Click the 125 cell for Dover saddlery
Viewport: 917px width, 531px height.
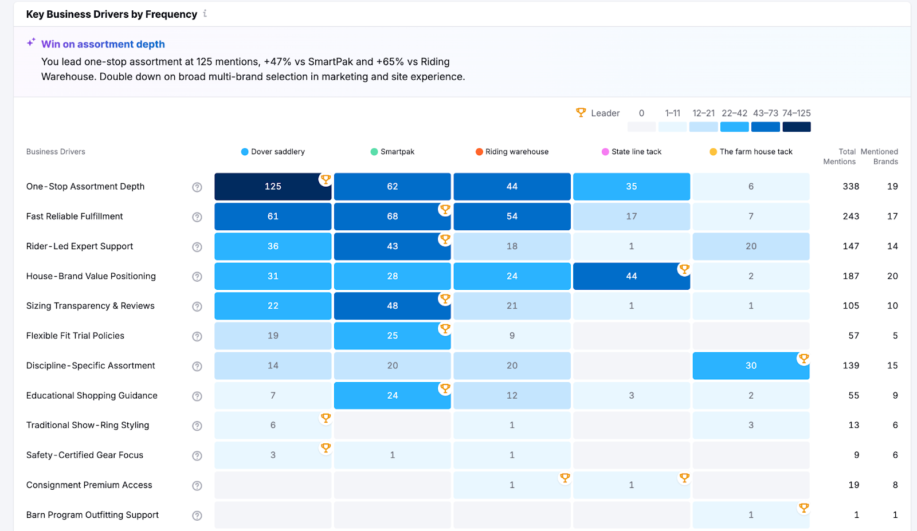click(273, 187)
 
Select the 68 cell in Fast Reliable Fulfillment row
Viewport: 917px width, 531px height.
click(392, 217)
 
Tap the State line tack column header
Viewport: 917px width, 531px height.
click(636, 152)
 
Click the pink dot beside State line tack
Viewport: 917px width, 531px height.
click(605, 152)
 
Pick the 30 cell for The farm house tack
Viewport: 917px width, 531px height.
click(751, 365)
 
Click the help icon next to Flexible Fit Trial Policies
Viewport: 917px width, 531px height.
click(197, 336)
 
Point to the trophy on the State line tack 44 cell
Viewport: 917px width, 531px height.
click(684, 269)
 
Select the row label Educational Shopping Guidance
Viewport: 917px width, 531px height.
click(92, 395)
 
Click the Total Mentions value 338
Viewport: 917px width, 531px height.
click(851, 187)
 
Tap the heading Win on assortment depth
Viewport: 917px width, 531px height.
click(103, 44)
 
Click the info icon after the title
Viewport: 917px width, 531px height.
click(205, 14)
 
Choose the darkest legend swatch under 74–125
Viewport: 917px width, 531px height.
click(796, 127)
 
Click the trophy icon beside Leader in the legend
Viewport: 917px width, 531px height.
click(581, 113)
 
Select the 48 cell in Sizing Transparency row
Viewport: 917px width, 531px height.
click(392, 306)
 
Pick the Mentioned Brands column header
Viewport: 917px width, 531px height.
click(879, 156)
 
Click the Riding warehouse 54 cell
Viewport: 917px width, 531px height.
click(512, 217)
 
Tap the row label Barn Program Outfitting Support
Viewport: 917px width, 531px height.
click(92, 515)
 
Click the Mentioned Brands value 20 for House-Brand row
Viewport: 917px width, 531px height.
click(892, 276)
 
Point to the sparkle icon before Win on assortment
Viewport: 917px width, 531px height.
click(31, 42)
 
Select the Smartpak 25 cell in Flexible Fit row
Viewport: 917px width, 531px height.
click(392, 336)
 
